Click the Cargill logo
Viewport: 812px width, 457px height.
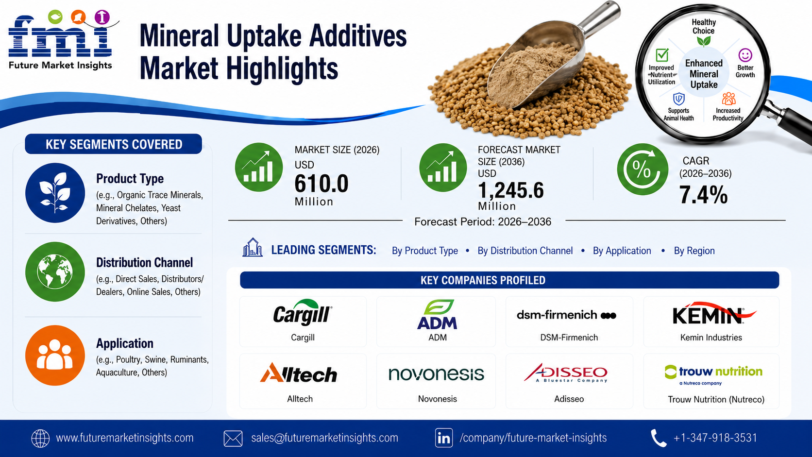(303, 313)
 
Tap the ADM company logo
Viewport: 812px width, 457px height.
(437, 314)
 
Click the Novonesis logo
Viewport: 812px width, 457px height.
(436, 373)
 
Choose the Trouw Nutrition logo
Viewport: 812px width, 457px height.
(713, 375)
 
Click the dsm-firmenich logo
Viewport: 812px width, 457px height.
(566, 315)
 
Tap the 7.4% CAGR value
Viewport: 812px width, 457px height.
(703, 195)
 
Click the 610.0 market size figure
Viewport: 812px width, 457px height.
(321, 184)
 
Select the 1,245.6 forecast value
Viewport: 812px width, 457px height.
(511, 190)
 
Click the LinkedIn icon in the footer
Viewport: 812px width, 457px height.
(444, 438)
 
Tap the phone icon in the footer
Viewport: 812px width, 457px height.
(659, 438)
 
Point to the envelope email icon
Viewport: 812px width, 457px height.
(233, 438)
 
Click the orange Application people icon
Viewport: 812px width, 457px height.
(55, 355)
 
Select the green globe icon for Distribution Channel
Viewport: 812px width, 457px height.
(55, 272)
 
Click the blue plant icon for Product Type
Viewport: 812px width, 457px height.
(55, 192)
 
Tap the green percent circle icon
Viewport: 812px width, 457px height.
(643, 169)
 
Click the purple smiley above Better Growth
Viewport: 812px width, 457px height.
(745, 55)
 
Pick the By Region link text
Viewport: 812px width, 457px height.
(694, 251)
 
